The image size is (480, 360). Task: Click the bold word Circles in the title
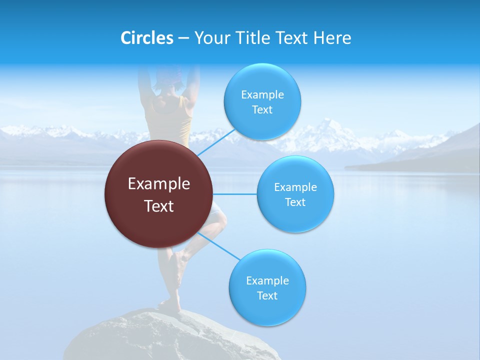pos(146,38)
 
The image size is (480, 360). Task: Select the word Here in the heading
pos(332,38)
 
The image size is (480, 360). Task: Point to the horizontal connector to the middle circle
pos(235,194)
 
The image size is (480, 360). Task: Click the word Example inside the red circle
pos(159,184)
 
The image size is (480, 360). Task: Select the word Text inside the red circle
pos(159,206)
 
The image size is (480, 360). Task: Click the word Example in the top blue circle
pos(262,95)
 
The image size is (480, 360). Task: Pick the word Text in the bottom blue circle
pos(267,295)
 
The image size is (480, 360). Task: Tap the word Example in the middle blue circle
pos(295,187)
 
